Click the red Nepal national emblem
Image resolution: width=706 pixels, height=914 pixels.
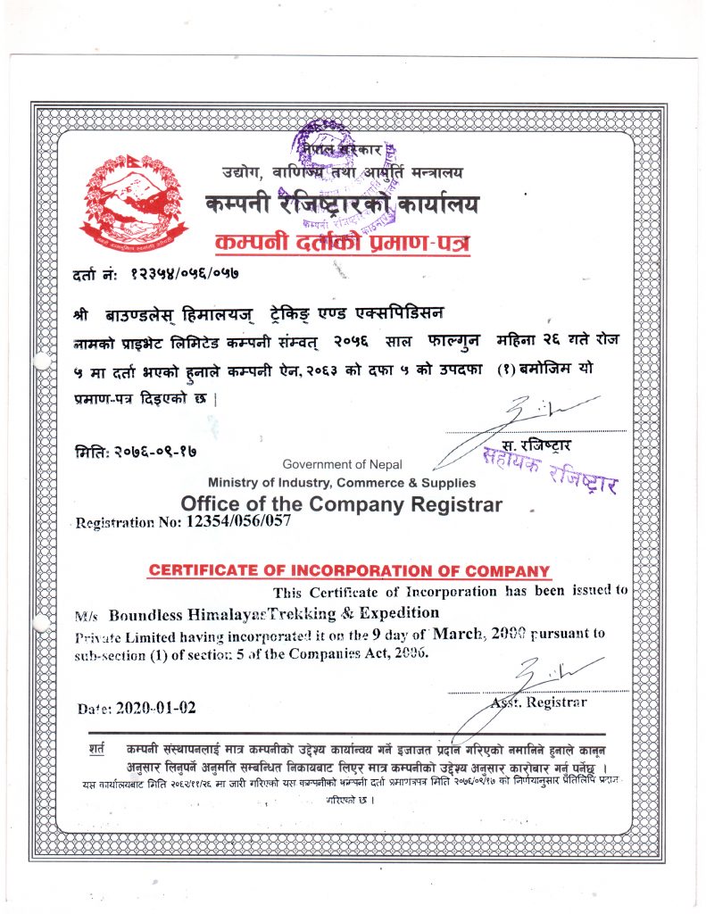(x=135, y=197)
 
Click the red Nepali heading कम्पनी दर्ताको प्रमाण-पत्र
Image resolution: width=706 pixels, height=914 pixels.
(x=344, y=244)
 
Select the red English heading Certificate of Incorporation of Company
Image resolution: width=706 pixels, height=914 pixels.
(x=349, y=570)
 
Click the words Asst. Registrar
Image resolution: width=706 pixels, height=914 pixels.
(x=538, y=702)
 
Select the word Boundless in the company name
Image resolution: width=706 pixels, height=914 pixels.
(x=145, y=614)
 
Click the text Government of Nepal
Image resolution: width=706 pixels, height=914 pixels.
(x=342, y=464)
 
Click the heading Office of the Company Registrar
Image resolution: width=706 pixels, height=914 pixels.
(x=341, y=504)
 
